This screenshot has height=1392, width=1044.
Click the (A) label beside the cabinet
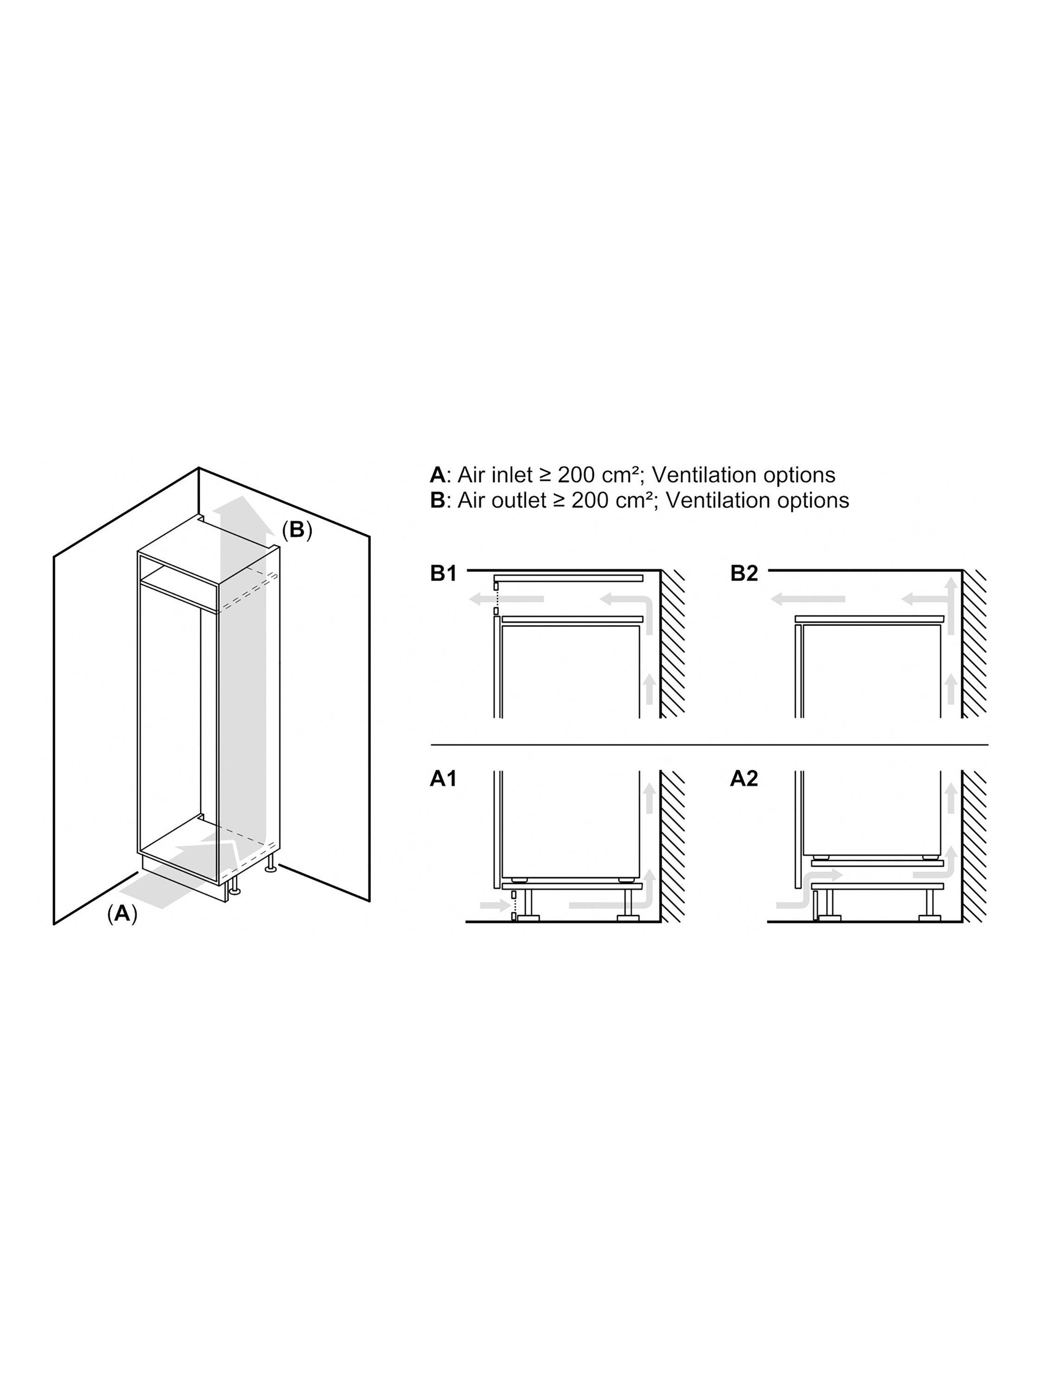tap(122, 913)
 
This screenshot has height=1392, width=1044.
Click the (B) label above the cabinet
tap(296, 530)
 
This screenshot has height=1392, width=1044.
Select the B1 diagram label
tap(444, 574)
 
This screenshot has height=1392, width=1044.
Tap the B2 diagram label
tap(744, 574)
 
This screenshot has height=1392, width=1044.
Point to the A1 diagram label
tap(444, 779)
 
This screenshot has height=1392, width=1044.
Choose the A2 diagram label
tap(744, 779)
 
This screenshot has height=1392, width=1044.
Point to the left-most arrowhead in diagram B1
tap(478, 599)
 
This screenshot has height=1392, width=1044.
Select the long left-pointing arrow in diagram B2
tap(808, 599)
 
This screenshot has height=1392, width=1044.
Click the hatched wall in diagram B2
tap(974, 643)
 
